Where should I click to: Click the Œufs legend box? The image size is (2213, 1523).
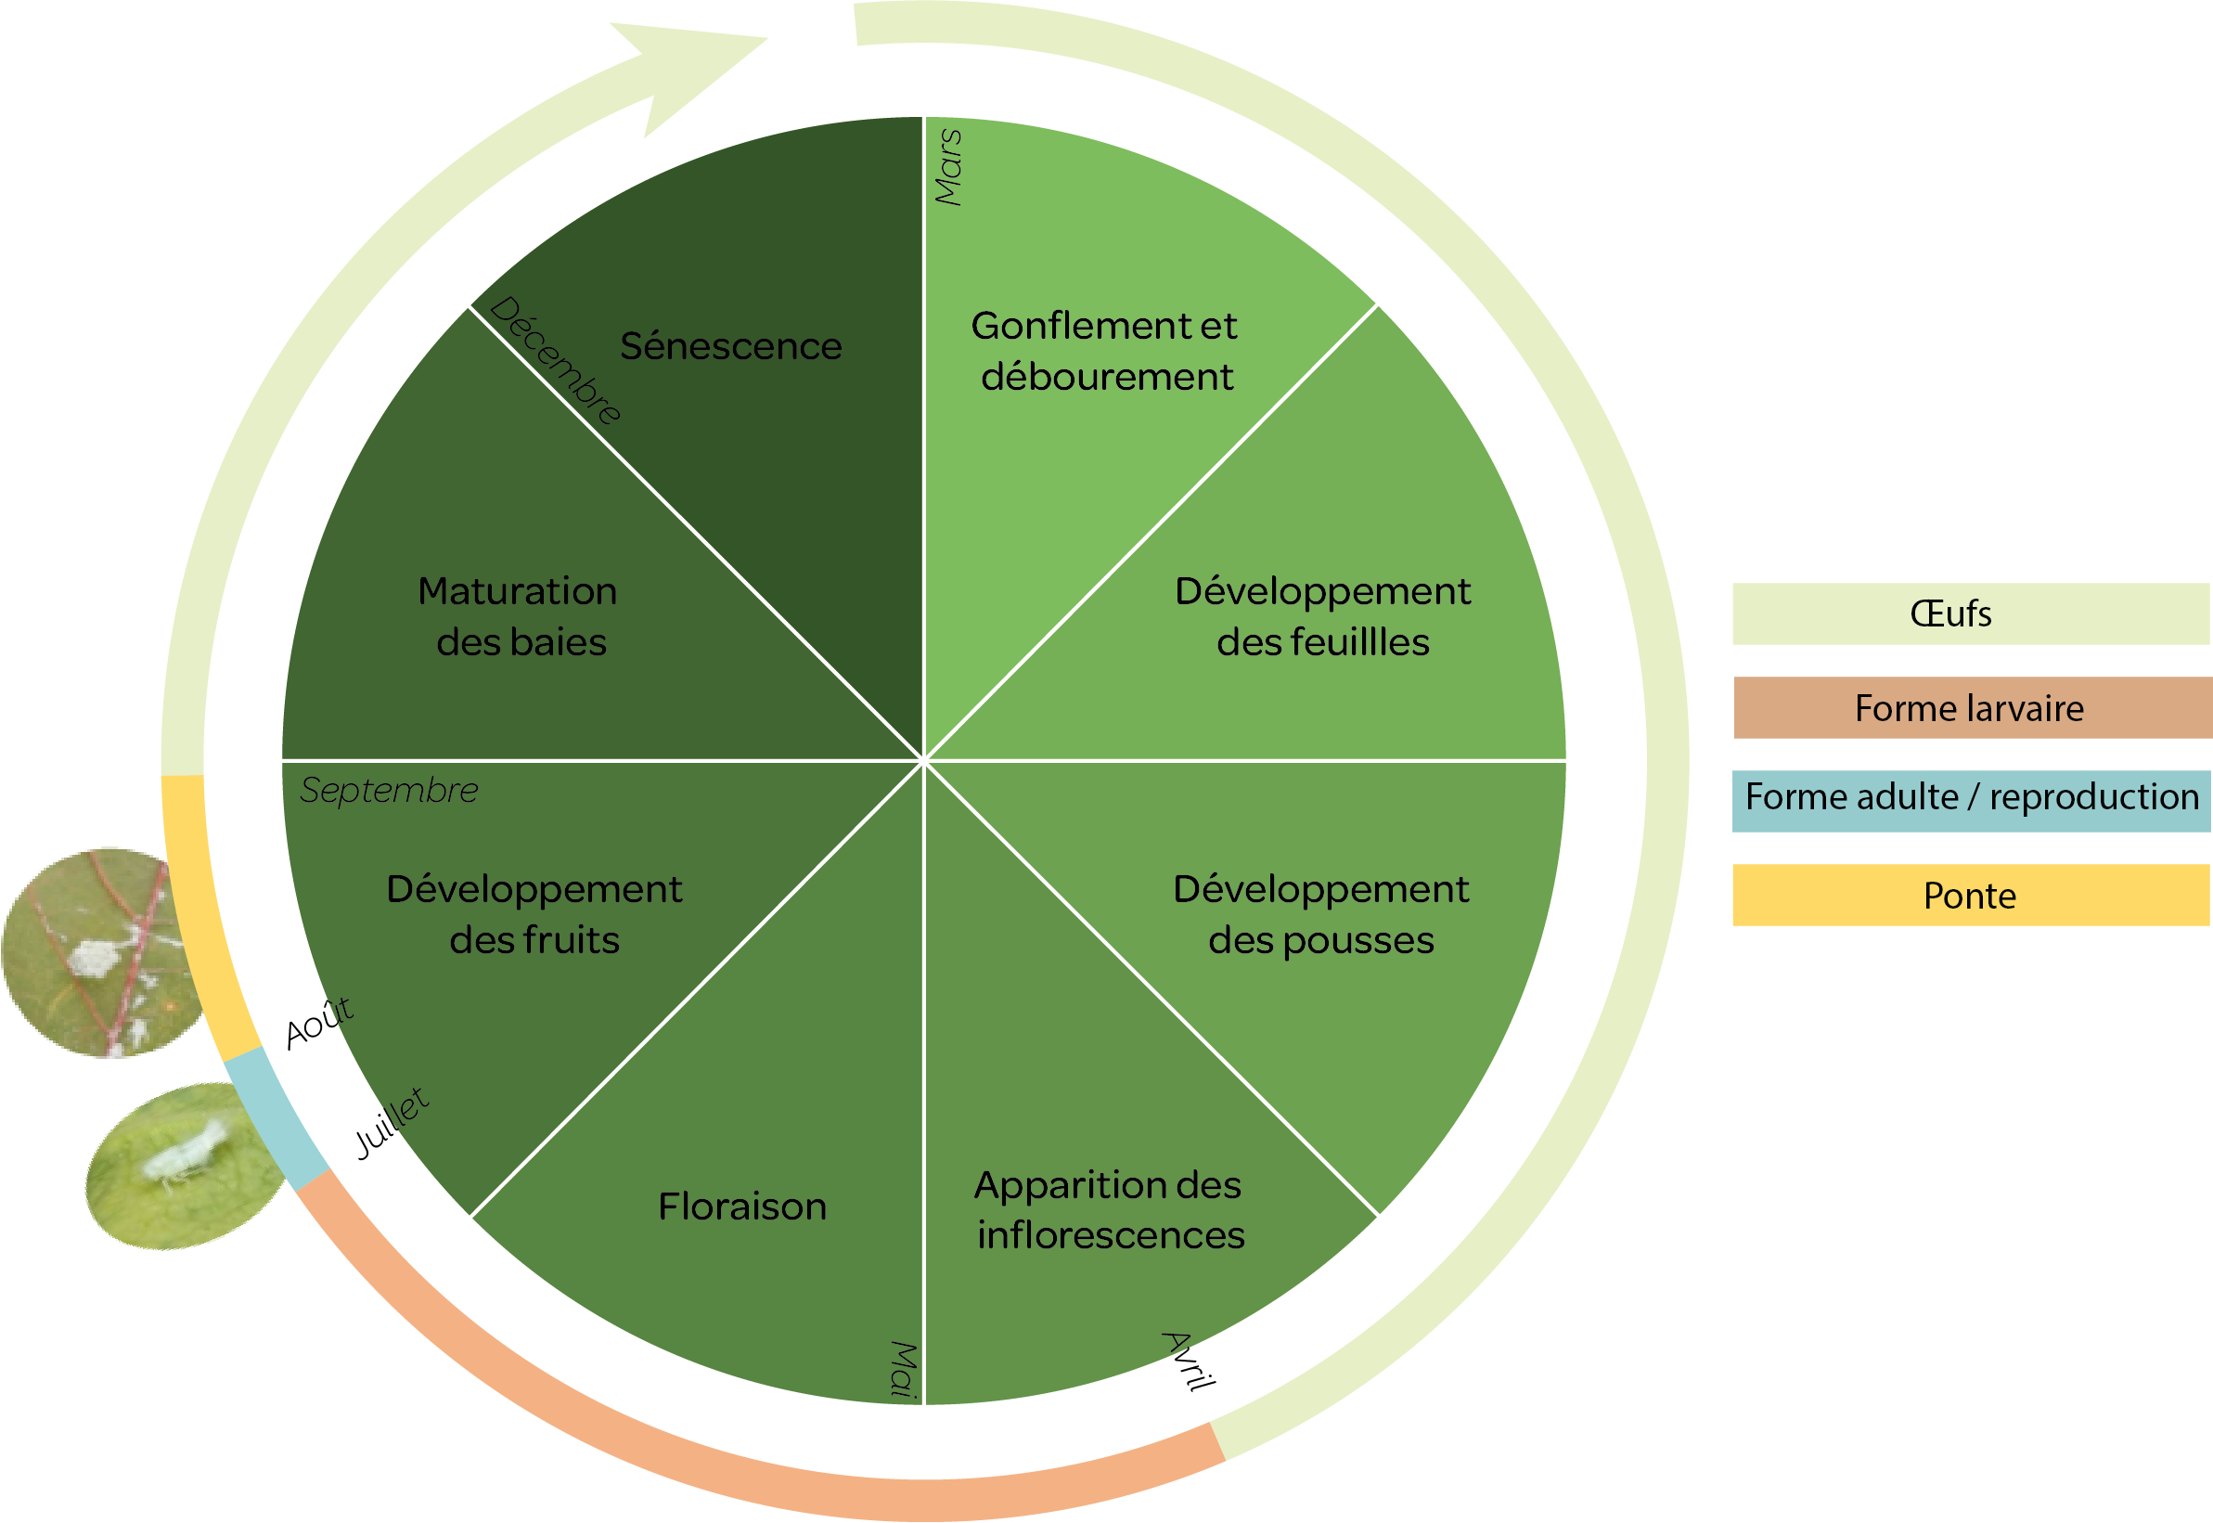[1971, 613]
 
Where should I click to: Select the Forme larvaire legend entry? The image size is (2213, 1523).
[1971, 708]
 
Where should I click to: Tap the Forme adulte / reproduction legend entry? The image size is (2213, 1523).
[1971, 797]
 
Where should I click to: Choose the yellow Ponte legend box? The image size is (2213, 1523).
[1971, 896]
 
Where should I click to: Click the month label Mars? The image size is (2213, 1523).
[948, 167]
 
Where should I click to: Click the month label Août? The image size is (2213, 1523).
[319, 1022]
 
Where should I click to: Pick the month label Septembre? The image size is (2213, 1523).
[389, 790]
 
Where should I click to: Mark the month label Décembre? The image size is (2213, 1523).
[555, 360]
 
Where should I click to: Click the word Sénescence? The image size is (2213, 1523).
[730, 346]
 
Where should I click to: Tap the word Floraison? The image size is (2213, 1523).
[742, 1207]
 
